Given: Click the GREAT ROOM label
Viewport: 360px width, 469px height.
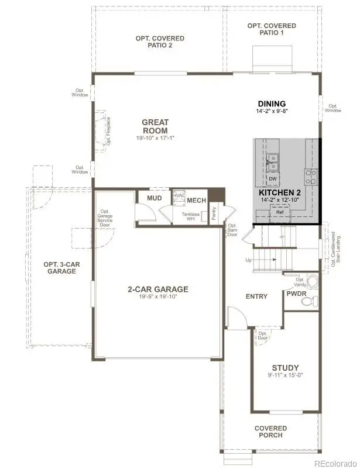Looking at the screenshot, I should pyautogui.click(x=155, y=126).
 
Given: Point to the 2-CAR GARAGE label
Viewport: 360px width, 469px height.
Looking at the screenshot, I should pyautogui.click(x=158, y=289).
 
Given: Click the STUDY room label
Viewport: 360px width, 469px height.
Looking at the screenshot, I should pyautogui.click(x=285, y=368).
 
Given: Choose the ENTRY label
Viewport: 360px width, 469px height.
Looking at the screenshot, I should pyautogui.click(x=256, y=296).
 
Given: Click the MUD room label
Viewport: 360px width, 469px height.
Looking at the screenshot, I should pyautogui.click(x=154, y=198).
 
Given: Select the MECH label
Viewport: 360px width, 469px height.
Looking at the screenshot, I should pyautogui.click(x=197, y=200).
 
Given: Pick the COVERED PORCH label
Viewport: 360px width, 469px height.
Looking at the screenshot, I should pyautogui.click(x=270, y=432).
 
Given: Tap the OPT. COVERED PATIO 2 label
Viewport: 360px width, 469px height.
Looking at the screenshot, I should pyautogui.click(x=160, y=42).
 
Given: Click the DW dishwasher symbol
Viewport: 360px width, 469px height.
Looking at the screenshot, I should pyautogui.click(x=273, y=178).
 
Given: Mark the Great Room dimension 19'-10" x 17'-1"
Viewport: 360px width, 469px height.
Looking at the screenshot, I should pyautogui.click(x=155, y=138).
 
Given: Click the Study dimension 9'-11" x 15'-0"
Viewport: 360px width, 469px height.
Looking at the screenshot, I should pyautogui.click(x=285, y=375).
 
